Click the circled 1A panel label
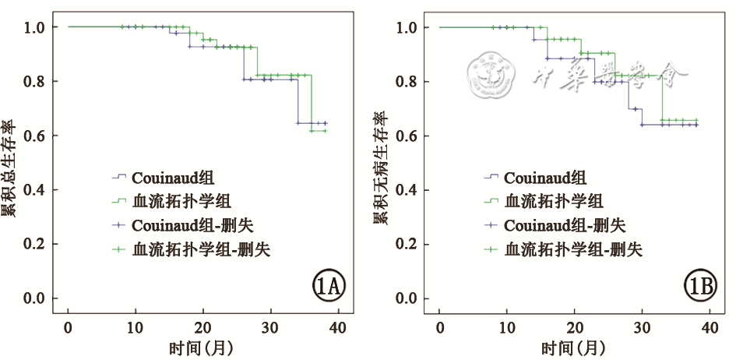(x=329, y=288)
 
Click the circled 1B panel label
(x=700, y=288)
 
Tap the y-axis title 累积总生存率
(x=9, y=168)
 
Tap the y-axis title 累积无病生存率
(x=381, y=168)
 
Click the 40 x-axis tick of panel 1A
(x=338, y=327)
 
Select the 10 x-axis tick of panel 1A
(x=136, y=327)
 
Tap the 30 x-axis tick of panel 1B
(x=642, y=327)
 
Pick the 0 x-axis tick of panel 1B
(x=439, y=327)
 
